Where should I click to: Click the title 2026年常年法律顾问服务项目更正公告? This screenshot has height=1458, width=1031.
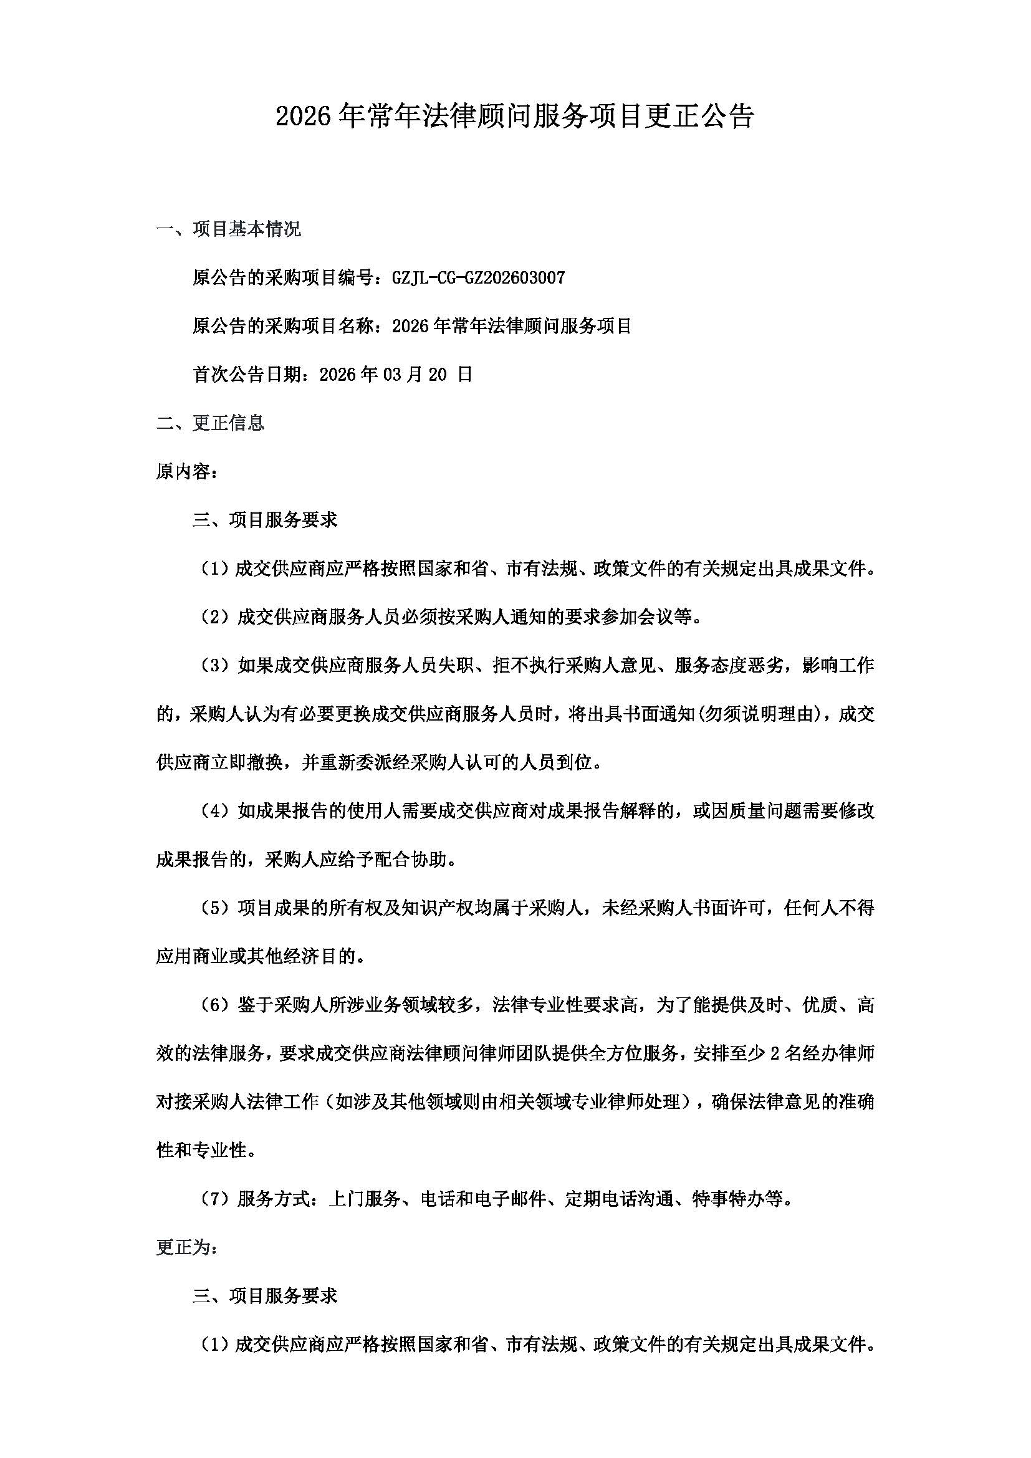515,117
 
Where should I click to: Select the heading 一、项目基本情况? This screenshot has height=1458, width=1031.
229,229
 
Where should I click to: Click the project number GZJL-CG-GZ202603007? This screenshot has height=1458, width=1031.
479,278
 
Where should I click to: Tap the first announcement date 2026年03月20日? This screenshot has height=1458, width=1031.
396,375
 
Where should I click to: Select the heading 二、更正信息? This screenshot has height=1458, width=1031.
210,423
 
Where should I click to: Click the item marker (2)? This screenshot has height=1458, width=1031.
214,617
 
